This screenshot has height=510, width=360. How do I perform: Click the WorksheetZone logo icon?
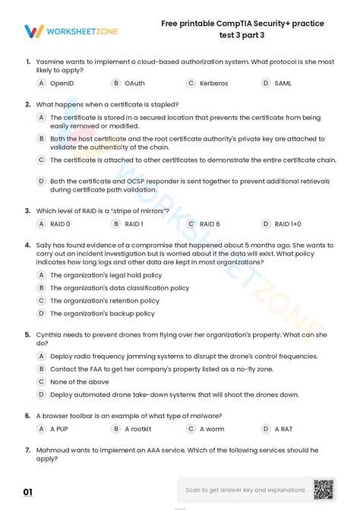[x=34, y=31]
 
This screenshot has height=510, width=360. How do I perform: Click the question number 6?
[x=27, y=416]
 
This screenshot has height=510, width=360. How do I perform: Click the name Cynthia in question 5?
[x=49, y=334]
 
